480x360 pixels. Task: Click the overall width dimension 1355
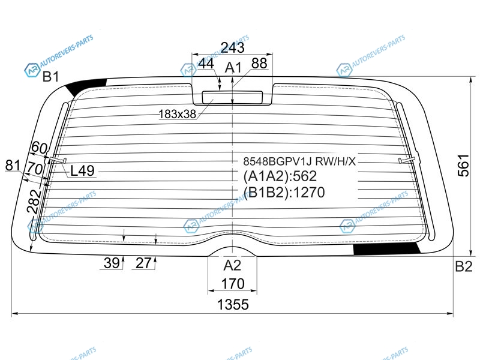point(233,305)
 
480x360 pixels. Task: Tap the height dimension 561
point(463,166)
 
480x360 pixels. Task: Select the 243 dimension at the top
point(233,47)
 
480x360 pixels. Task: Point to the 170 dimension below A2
point(233,284)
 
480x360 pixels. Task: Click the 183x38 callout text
point(177,114)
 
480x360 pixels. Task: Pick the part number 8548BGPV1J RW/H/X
point(299,161)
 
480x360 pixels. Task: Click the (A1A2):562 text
point(280,176)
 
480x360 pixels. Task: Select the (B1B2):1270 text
point(284,192)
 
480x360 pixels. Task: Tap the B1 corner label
point(50,76)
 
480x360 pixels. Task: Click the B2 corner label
point(463,266)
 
